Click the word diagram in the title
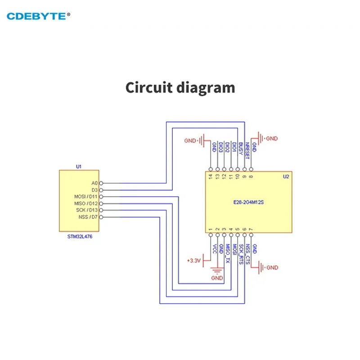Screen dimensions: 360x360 tap(206, 87)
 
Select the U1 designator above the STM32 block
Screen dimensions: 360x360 tap(79, 166)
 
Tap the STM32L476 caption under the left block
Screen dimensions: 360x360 tap(78, 235)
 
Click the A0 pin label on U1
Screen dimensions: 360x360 tap(94, 183)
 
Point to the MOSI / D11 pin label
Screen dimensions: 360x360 tap(85, 197)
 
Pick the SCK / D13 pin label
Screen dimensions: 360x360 tap(86, 210)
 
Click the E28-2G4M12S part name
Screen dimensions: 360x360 tap(249, 202)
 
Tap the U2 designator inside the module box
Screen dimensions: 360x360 tap(285, 177)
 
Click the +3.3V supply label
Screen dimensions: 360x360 tap(193, 261)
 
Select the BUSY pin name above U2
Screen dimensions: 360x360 tap(241, 149)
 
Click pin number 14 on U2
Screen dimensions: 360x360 tap(211, 176)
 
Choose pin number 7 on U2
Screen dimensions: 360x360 tap(251, 229)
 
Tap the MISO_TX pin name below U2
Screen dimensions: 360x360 tap(227, 253)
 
